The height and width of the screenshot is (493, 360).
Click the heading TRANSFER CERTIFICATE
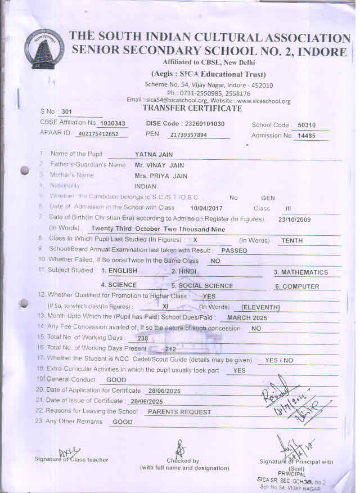(192, 108)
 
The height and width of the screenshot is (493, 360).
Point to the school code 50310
(307, 125)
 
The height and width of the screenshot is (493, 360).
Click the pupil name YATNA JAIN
(154, 154)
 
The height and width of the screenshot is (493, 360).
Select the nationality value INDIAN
(145, 186)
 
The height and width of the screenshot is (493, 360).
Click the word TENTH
(292, 240)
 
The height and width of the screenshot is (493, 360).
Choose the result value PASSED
(234, 250)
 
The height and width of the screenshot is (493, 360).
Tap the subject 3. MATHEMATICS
(300, 272)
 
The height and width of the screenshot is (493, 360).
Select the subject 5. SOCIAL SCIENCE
(202, 286)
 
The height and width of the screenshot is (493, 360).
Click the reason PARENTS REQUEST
(179, 412)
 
